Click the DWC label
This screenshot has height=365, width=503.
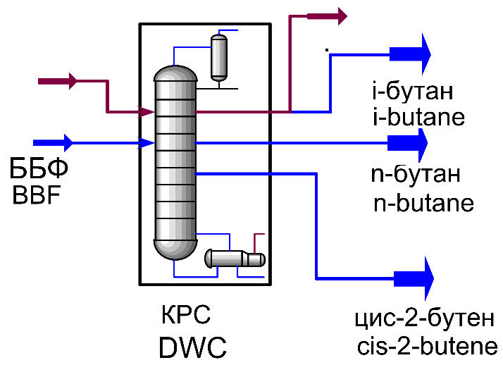[192, 347]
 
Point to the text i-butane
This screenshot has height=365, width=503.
[418, 116]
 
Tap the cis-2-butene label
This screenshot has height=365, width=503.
[428, 347]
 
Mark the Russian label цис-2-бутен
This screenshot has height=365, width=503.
[426, 318]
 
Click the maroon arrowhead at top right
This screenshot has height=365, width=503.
[340, 14]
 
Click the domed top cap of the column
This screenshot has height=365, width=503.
[174, 73]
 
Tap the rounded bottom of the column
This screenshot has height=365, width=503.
[174, 249]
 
